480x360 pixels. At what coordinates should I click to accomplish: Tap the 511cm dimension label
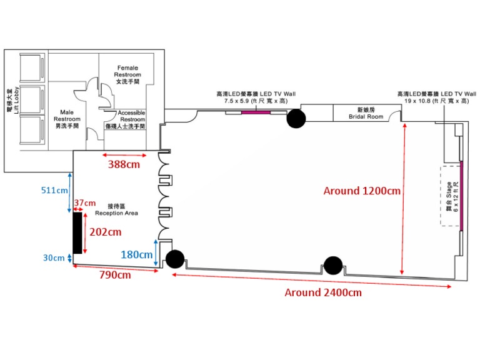(54, 189)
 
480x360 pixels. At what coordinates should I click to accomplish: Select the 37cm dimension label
(84, 203)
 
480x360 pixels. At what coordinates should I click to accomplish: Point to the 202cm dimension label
(104, 232)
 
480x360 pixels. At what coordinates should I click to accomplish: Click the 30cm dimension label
(54, 257)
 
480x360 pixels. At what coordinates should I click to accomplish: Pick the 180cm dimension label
(136, 254)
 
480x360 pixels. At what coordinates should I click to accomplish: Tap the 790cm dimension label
(116, 274)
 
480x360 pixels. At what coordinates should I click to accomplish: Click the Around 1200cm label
(361, 191)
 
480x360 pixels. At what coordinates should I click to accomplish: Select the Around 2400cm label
(322, 292)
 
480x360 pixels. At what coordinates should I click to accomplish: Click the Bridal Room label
(366, 114)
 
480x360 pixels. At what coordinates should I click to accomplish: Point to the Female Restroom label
(127, 74)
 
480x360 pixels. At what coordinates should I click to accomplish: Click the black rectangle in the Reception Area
(77, 232)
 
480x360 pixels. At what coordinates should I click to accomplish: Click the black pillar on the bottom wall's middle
(332, 266)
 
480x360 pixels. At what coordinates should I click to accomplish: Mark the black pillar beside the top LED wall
(296, 118)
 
